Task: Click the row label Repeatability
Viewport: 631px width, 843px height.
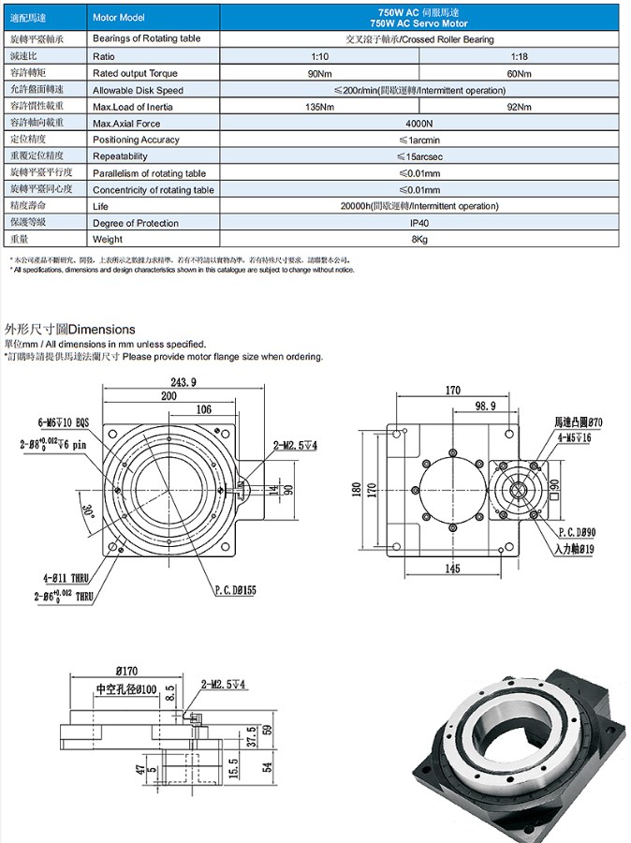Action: point(120,156)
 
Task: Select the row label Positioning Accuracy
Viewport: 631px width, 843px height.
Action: point(136,140)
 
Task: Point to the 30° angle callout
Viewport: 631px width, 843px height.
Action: point(87,511)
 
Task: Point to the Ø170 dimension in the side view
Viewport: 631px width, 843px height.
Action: point(128,670)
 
